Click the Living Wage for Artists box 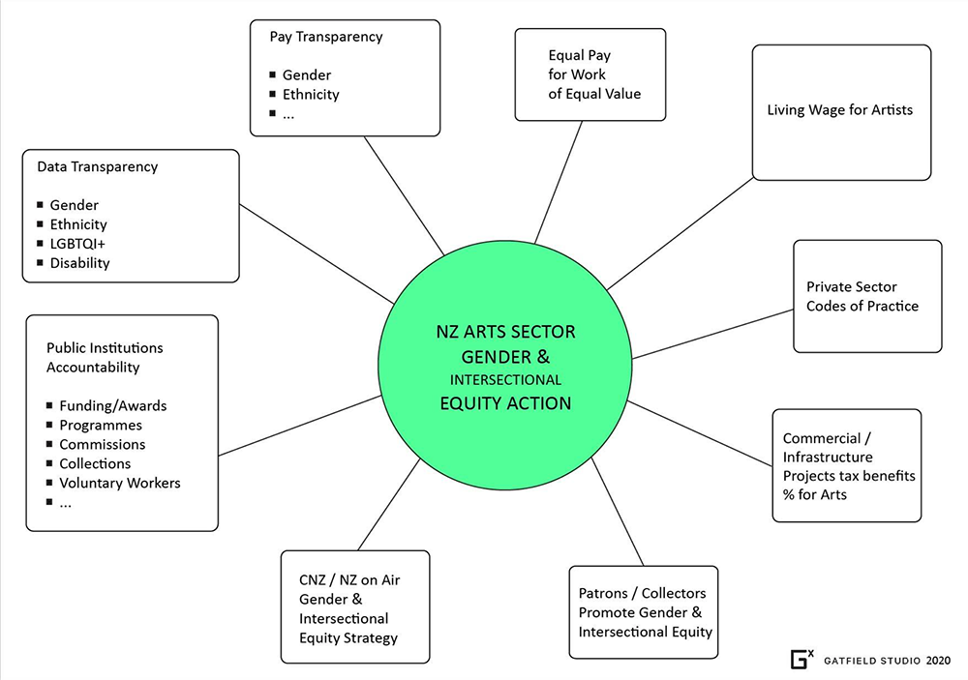point(840,110)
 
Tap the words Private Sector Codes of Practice point(862,296)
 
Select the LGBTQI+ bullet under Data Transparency point(77,244)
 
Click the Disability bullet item point(79,263)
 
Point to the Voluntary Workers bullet point(119,483)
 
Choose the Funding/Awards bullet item point(113,406)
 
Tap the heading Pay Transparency point(325,37)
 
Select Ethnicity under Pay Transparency point(311,95)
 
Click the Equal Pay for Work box point(590,74)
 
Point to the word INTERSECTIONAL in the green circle point(505,380)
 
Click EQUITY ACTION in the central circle point(503,403)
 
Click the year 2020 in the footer point(937,661)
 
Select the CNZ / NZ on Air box point(354,608)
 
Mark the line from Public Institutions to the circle point(300,430)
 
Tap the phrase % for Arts point(814,495)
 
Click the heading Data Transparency point(97,166)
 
